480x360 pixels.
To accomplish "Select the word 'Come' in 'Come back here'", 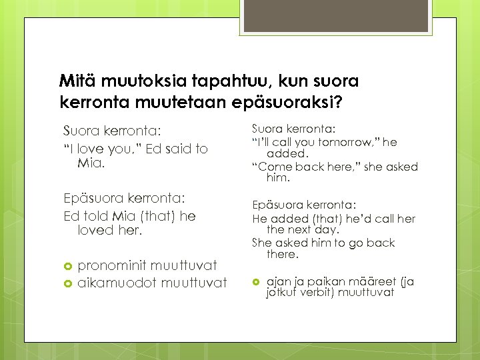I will tap(274, 167).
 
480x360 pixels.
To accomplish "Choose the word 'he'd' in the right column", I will tap(362, 219).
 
